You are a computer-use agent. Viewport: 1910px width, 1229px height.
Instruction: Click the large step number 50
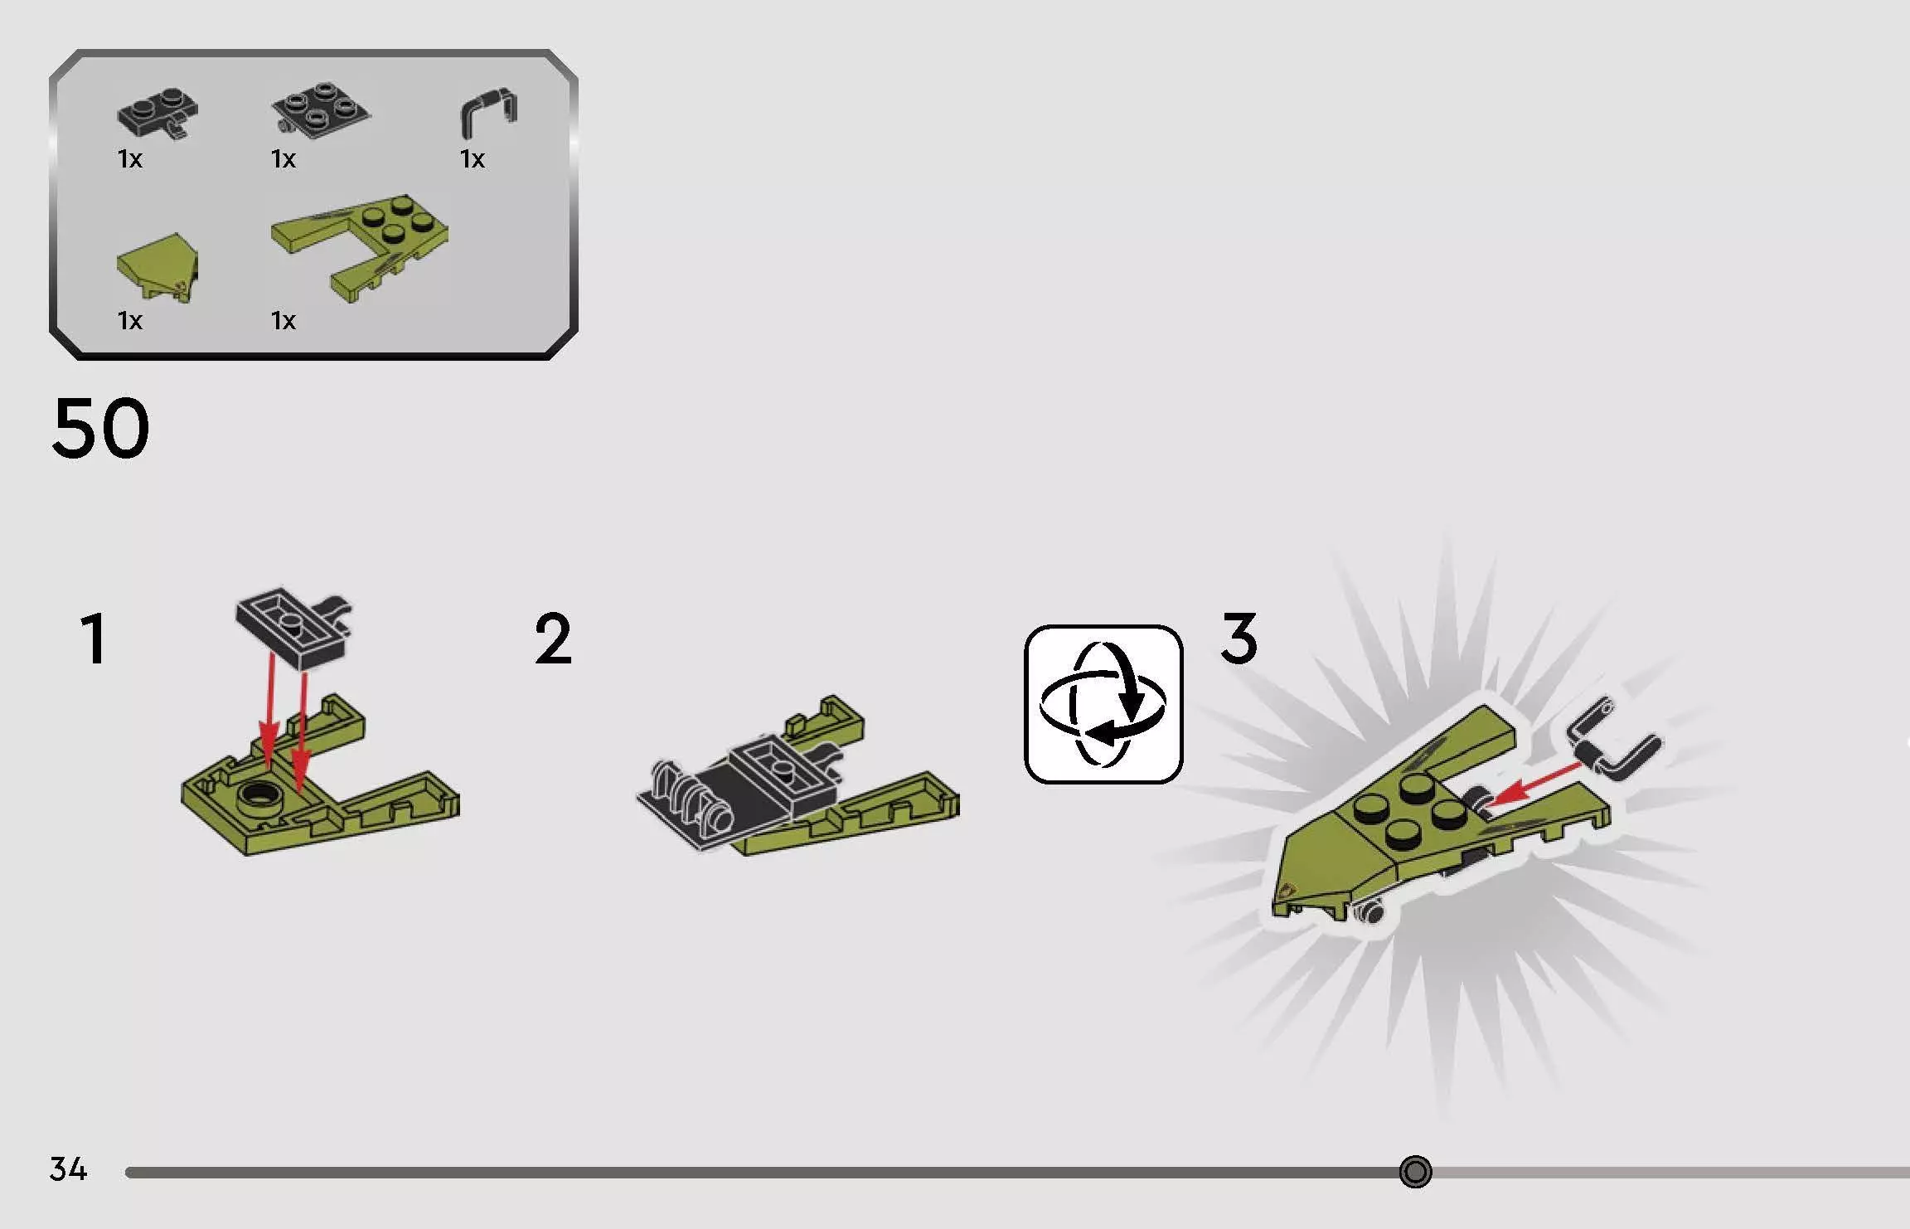100,428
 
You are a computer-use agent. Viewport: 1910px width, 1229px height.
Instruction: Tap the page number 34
68,1169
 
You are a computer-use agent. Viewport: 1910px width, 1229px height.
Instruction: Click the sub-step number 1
94,639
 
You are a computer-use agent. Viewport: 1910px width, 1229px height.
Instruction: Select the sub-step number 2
553,639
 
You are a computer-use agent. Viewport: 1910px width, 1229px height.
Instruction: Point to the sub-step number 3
1239,638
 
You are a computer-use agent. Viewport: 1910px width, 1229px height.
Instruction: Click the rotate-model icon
1103,704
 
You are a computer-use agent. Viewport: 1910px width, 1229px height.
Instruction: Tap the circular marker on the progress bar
1415,1172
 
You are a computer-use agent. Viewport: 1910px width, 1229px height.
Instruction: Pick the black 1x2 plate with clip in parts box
158,112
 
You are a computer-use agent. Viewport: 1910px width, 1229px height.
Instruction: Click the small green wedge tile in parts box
158,267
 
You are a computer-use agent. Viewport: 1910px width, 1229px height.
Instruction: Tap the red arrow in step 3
1535,784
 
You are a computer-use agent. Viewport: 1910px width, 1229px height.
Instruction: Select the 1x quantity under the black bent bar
473,158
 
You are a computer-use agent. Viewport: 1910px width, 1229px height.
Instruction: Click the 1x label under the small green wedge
130,320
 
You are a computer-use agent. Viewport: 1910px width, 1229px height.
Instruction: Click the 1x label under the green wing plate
284,320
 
